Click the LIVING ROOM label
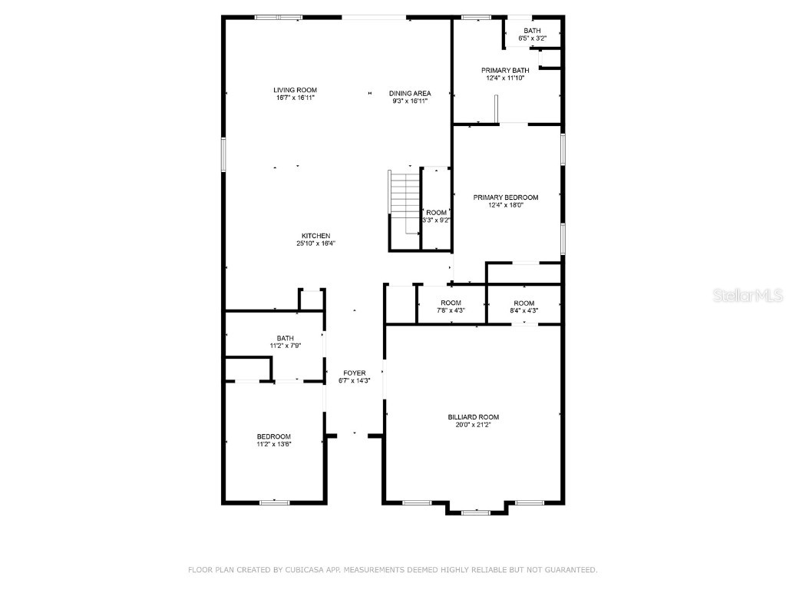tap(296, 91)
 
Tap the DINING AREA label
tap(410, 94)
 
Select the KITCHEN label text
tap(315, 236)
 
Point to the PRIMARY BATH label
tap(506, 70)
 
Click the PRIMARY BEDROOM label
tap(506, 197)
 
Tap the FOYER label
tap(355, 373)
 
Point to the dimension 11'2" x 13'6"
tap(274, 443)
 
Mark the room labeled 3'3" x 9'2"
tap(436, 216)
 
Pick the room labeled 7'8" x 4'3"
tap(451, 307)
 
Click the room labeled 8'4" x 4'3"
tap(524, 307)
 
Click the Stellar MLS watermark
tap(748, 295)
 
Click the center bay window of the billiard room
tap(476, 511)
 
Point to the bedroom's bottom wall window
tap(274, 502)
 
